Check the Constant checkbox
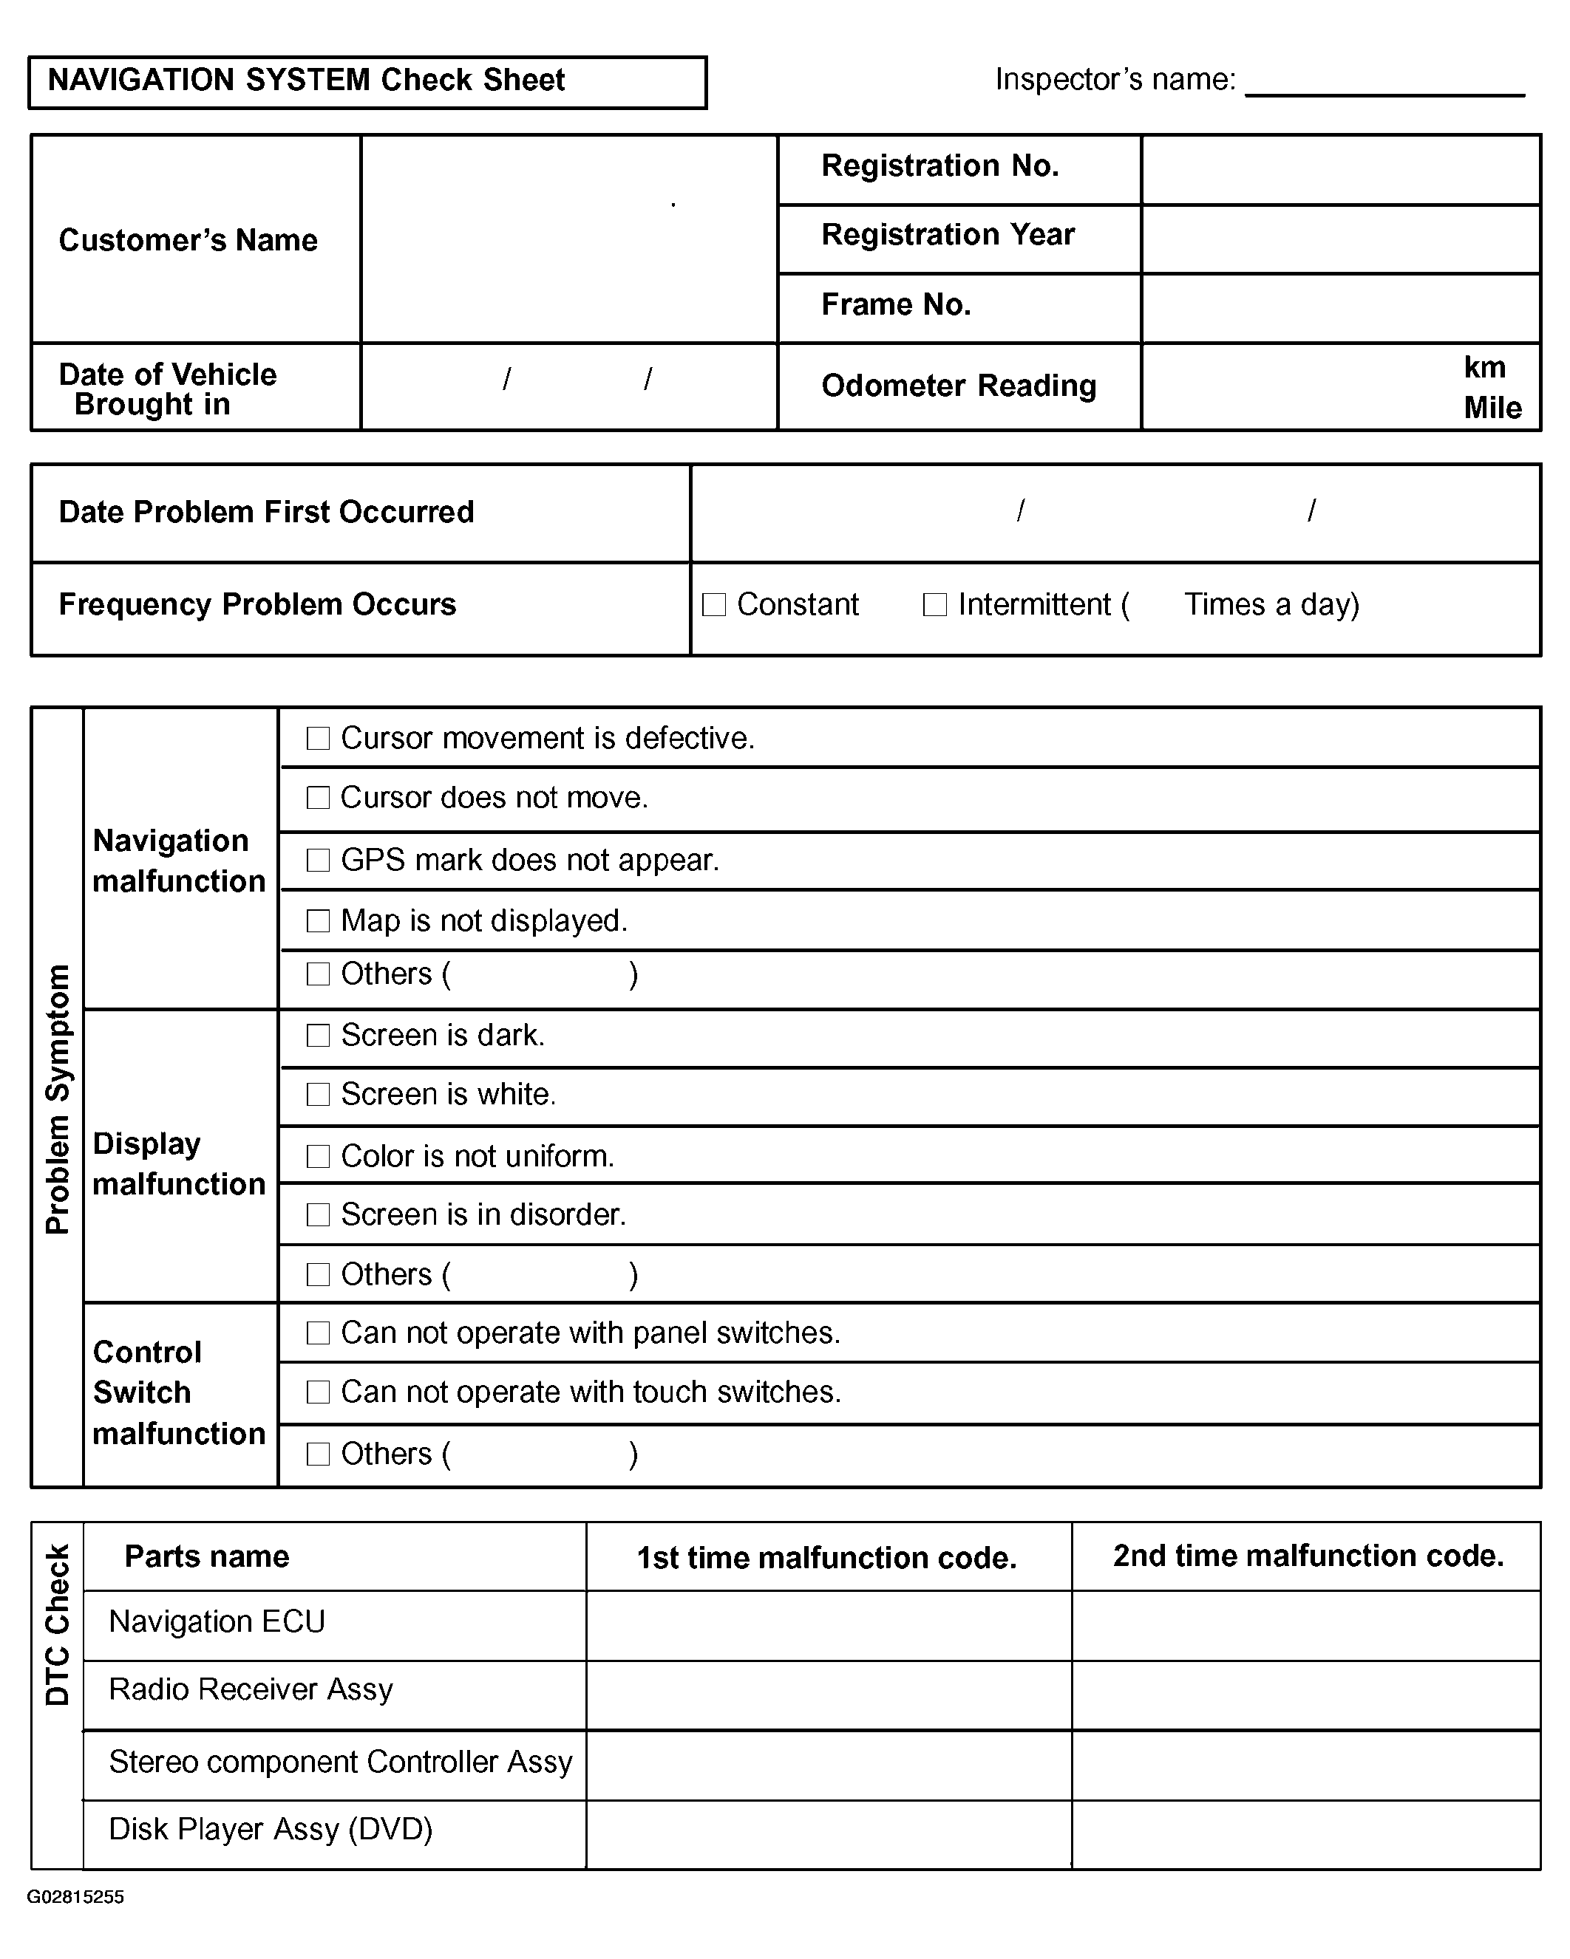click(x=715, y=605)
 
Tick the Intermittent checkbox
click(x=934, y=605)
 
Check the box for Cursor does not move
click(x=318, y=798)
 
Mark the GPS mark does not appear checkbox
click(x=318, y=861)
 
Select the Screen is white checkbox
click(x=318, y=1095)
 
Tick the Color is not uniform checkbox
click(x=318, y=1157)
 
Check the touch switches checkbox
click(x=318, y=1392)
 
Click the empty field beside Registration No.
click(x=1340, y=170)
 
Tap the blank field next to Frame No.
click(x=1340, y=308)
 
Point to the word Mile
click(x=1492, y=408)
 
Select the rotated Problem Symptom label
click(x=57, y=1098)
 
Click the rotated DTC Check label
click(x=57, y=1624)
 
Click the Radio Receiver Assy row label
click(x=251, y=1689)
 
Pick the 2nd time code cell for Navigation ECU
click(x=1305, y=1626)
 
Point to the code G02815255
click(x=75, y=1896)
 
